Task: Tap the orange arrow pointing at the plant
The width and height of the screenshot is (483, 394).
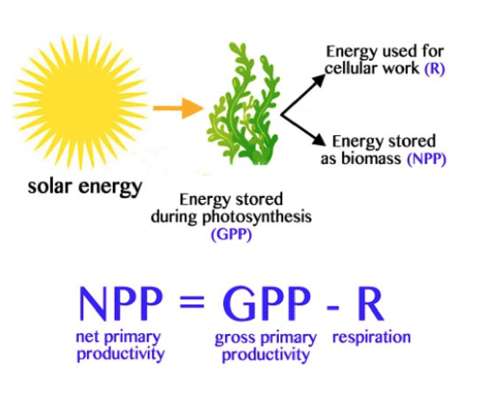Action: (x=178, y=108)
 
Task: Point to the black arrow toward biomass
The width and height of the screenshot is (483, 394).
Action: (x=304, y=129)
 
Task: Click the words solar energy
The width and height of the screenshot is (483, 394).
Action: (x=85, y=187)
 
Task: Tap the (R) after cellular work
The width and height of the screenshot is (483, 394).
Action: (x=434, y=69)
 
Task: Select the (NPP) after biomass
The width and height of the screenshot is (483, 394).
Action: (x=426, y=159)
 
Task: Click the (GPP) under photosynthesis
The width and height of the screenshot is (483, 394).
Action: (x=231, y=234)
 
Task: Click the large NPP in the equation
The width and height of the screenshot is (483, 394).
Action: (x=121, y=303)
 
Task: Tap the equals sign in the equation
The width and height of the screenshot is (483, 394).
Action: (x=192, y=301)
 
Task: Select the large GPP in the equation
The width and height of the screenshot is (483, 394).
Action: (x=267, y=303)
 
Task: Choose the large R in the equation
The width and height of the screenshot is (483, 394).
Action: (x=370, y=303)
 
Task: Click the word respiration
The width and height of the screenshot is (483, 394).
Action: (x=371, y=337)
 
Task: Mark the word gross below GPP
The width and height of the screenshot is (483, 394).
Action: (x=234, y=339)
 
